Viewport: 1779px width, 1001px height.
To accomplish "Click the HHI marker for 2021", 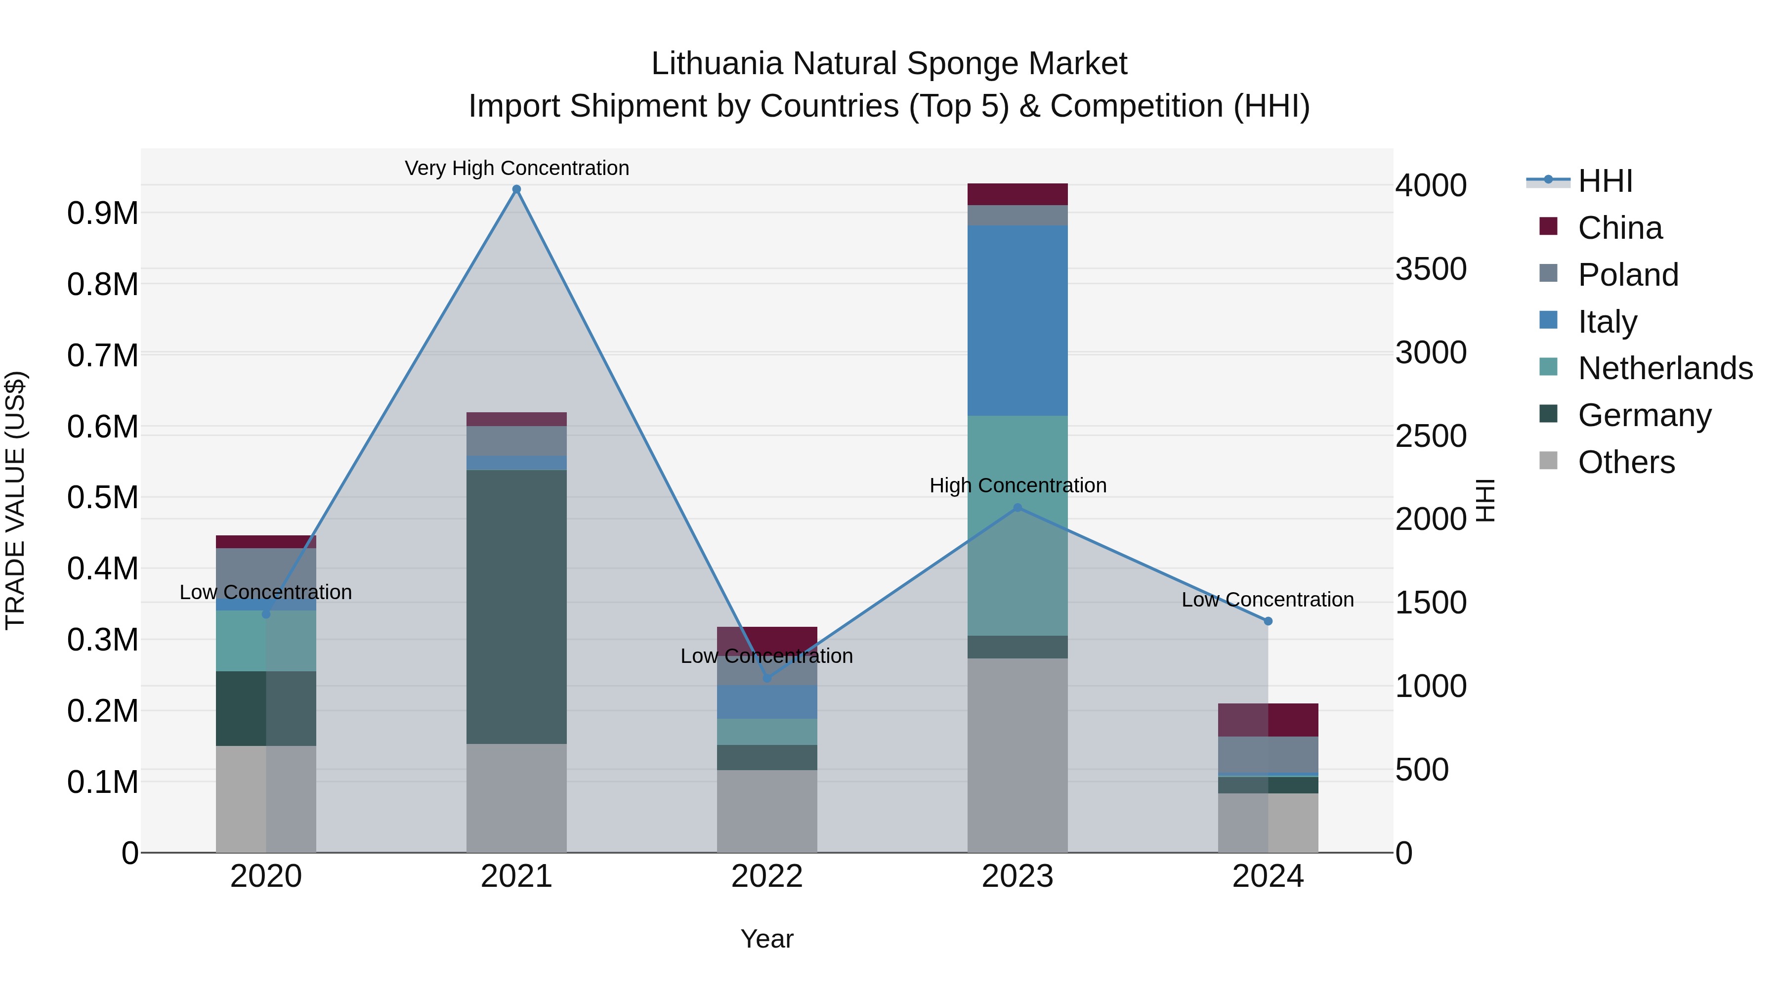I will [x=516, y=189].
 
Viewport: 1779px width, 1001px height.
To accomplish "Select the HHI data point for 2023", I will [x=1017, y=508].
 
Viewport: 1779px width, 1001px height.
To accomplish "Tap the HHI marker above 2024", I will [x=1268, y=621].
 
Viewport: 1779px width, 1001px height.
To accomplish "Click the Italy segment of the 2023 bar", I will [x=1017, y=320].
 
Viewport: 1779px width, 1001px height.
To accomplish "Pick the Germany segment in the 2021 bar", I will [x=516, y=607].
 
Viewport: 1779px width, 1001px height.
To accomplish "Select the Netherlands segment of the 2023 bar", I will [x=1017, y=525].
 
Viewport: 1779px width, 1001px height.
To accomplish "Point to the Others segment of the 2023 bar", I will [x=1017, y=754].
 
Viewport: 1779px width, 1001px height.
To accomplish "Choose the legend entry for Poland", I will [x=1628, y=275].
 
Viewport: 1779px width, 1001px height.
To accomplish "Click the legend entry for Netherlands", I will [x=1665, y=368].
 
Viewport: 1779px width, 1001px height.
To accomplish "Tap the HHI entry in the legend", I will [x=1605, y=181].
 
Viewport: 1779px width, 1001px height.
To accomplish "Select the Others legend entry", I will [x=1626, y=462].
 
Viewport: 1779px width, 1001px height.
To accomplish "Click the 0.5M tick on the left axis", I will [x=102, y=497].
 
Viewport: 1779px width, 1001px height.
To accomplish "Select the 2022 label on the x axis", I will [x=766, y=876].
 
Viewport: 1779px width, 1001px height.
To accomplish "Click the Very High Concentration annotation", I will [x=516, y=168].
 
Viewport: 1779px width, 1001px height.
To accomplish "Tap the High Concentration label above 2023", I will [x=1018, y=485].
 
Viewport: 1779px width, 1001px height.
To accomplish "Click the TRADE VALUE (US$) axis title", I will [x=15, y=500].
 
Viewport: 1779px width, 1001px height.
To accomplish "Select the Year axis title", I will [x=766, y=939].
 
